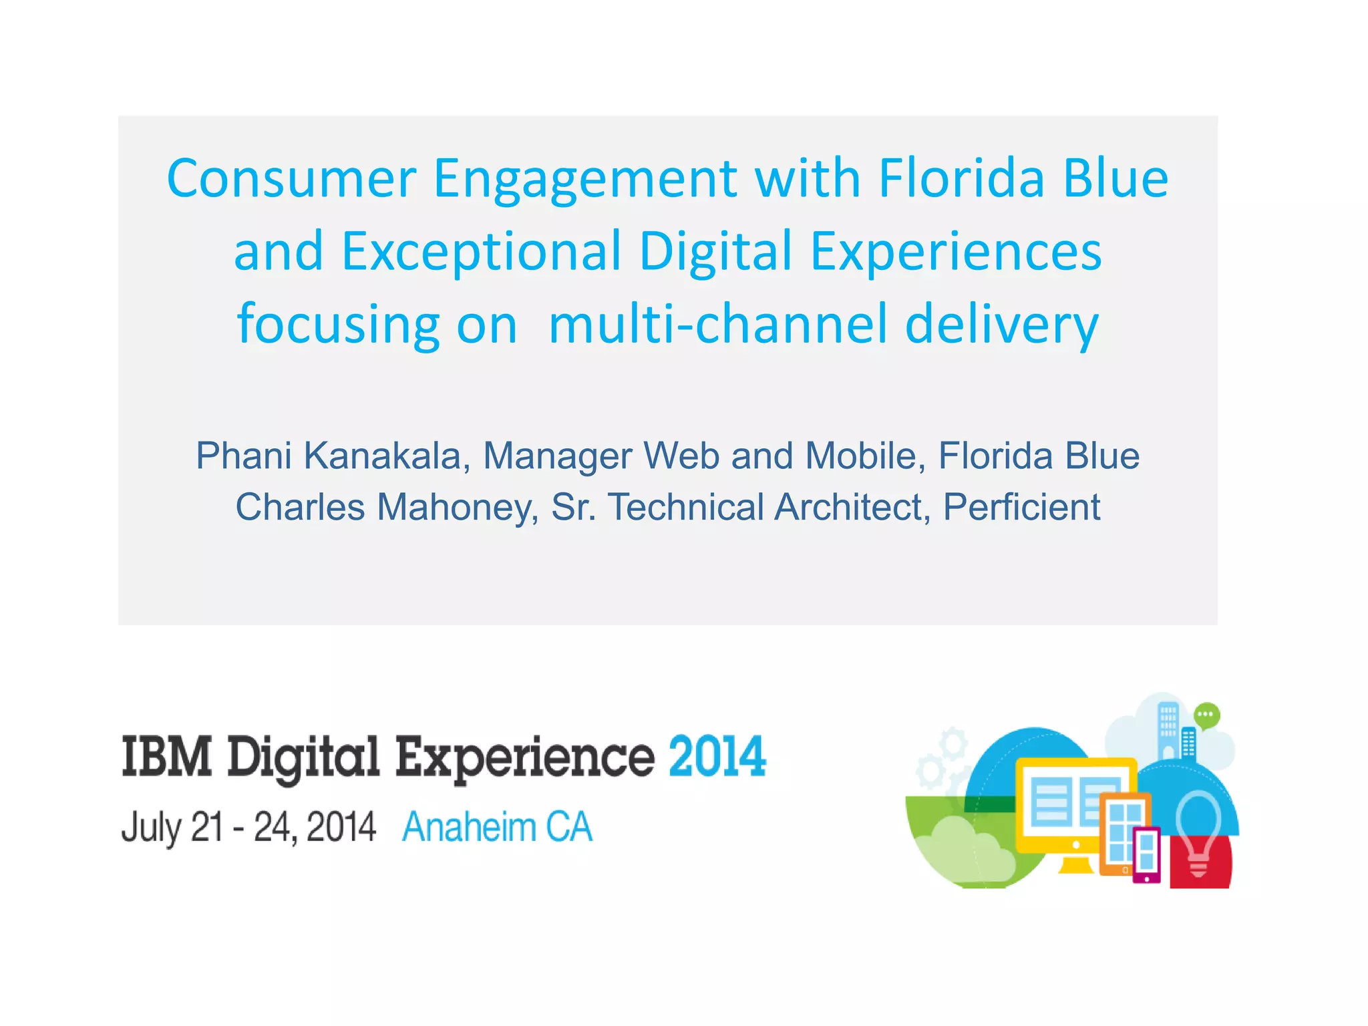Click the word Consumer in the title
tap(291, 179)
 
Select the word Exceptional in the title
tap(481, 252)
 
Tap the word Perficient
tap(1021, 507)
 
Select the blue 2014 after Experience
tap(717, 757)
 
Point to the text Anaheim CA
tap(497, 828)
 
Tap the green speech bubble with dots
tap(1206, 715)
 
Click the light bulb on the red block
tap(1198, 828)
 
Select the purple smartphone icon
tap(1146, 855)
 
